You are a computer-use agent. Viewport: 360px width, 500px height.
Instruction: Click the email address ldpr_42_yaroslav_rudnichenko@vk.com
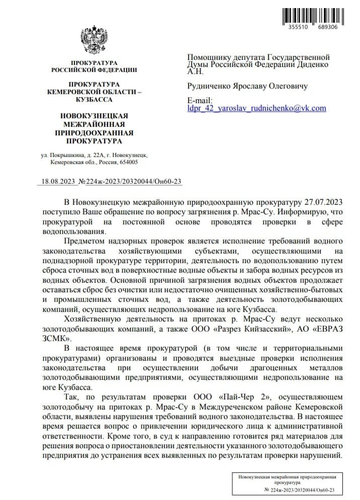[256, 108]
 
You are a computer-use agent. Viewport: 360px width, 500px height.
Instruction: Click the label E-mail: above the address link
[200, 100]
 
